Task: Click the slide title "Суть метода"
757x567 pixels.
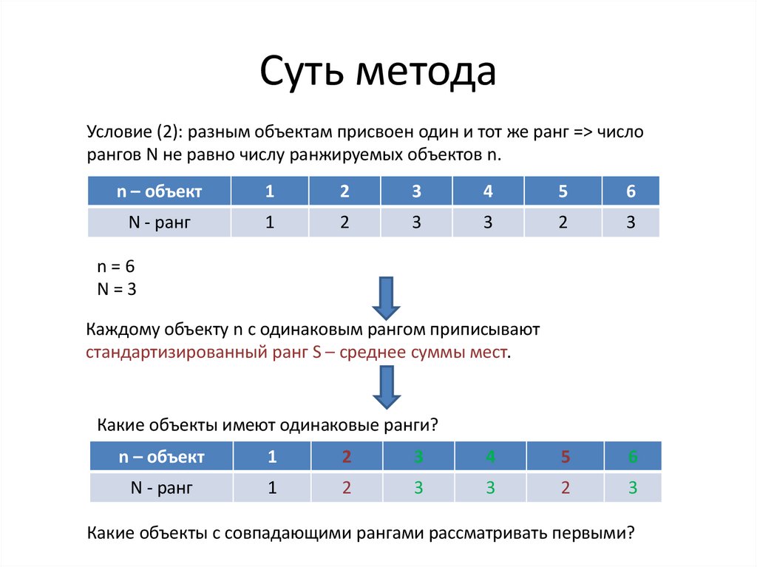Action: click(x=377, y=72)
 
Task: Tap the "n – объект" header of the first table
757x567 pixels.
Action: click(x=159, y=191)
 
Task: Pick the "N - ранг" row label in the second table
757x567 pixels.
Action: click(x=160, y=487)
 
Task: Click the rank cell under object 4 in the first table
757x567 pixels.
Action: click(x=487, y=222)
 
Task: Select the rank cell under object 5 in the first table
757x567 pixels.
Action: click(x=563, y=222)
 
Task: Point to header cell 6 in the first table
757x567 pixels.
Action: click(x=631, y=191)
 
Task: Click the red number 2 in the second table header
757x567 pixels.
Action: click(x=346, y=456)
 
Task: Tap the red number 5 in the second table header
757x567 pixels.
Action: click(x=565, y=456)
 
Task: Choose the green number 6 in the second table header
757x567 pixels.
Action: click(x=633, y=456)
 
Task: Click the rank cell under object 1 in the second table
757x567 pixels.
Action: click(x=272, y=487)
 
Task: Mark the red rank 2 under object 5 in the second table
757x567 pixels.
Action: click(x=565, y=487)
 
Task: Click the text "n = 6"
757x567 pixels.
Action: click(x=116, y=267)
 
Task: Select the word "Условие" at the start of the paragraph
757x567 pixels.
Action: click(x=118, y=133)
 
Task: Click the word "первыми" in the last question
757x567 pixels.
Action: click(x=593, y=532)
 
